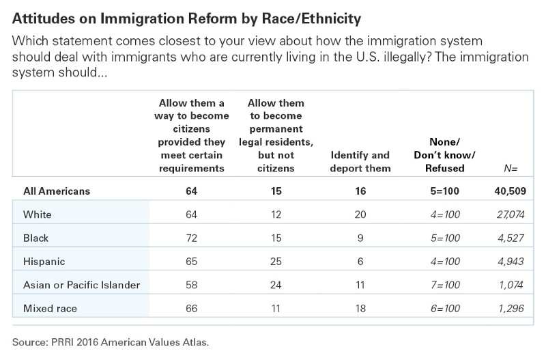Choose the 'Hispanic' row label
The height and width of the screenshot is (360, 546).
(43, 262)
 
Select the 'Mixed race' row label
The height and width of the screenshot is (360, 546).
(49, 308)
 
